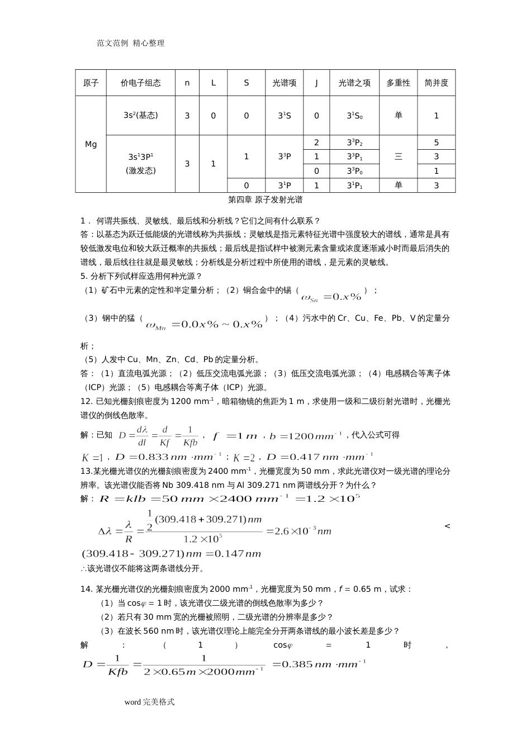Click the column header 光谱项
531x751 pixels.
point(285,83)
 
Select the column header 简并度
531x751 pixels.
point(436,83)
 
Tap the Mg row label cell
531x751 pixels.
point(91,144)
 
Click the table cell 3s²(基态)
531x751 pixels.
point(141,116)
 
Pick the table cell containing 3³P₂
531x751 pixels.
point(354,142)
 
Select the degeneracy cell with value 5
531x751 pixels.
point(436,142)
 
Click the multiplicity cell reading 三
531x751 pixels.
point(398,156)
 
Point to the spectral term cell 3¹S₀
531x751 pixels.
point(354,116)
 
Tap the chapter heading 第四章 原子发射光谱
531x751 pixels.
point(265,199)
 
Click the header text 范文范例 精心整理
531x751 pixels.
point(131,43)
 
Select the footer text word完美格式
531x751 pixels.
point(149,702)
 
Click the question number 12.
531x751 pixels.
point(86,401)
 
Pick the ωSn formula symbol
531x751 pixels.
point(310,297)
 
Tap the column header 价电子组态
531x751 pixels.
point(141,83)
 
